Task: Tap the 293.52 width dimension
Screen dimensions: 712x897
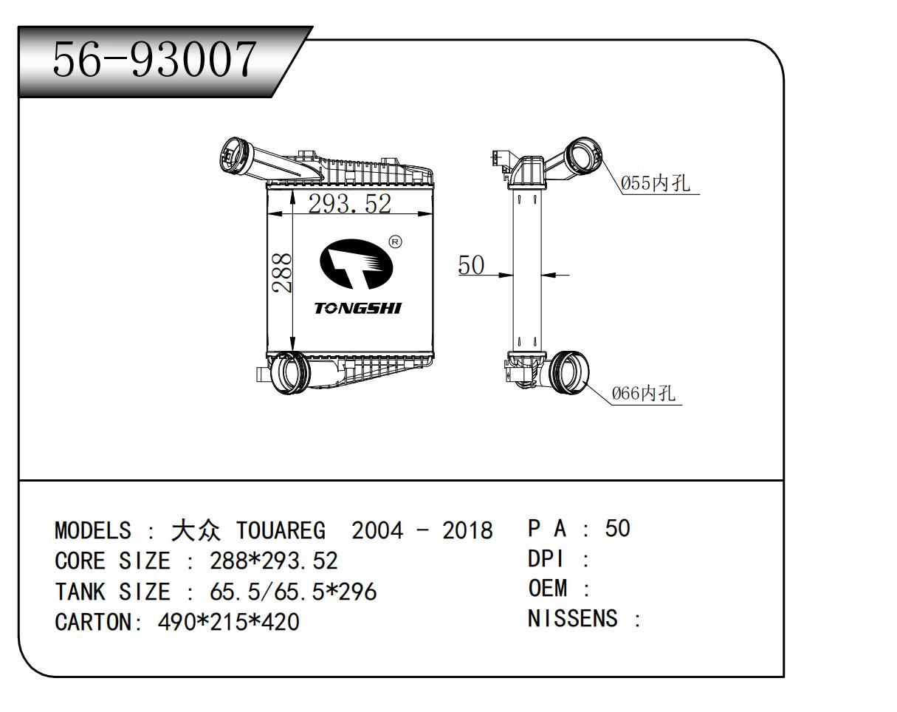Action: [349, 203]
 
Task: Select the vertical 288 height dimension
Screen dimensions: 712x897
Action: [281, 273]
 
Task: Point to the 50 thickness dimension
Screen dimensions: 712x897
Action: [471, 264]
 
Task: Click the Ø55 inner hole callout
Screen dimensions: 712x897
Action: [656, 183]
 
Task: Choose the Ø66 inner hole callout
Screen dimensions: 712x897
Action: [643, 393]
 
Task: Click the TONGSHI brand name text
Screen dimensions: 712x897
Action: [358, 308]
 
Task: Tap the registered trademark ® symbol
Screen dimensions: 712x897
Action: [395, 242]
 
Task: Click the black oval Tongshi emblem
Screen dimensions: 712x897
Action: [351, 264]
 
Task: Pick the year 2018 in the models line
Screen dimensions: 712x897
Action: [467, 530]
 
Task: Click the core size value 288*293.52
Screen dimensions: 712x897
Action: [273, 561]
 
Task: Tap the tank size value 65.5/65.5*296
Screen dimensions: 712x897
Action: [293, 592]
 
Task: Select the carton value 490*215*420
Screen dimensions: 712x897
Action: [229, 622]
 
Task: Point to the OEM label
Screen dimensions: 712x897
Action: [548, 589]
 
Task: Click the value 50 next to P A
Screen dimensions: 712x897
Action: [617, 528]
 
